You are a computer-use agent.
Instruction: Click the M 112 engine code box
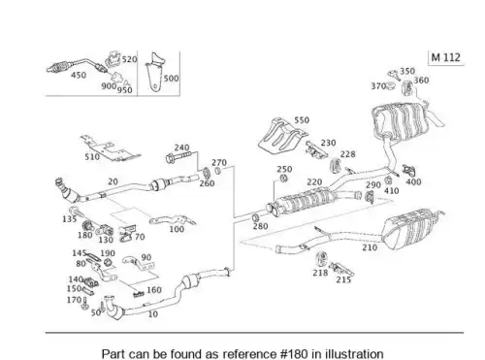[x=446, y=57]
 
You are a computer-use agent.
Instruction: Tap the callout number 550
[x=302, y=120]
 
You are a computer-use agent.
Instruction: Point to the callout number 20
[x=113, y=181]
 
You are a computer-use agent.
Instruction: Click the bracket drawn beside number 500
[x=155, y=72]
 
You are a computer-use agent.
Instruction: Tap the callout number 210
[x=370, y=247]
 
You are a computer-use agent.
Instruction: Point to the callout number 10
[x=152, y=313]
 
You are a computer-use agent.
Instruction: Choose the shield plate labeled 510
[x=110, y=148]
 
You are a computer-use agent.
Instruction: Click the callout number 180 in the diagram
[x=85, y=235]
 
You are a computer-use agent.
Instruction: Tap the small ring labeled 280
[x=255, y=217]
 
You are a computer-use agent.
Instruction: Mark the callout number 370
[x=378, y=86]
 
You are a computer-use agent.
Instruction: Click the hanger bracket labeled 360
[x=407, y=88]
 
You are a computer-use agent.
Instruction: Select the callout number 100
[x=177, y=229]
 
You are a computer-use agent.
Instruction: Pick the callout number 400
[x=413, y=182]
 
